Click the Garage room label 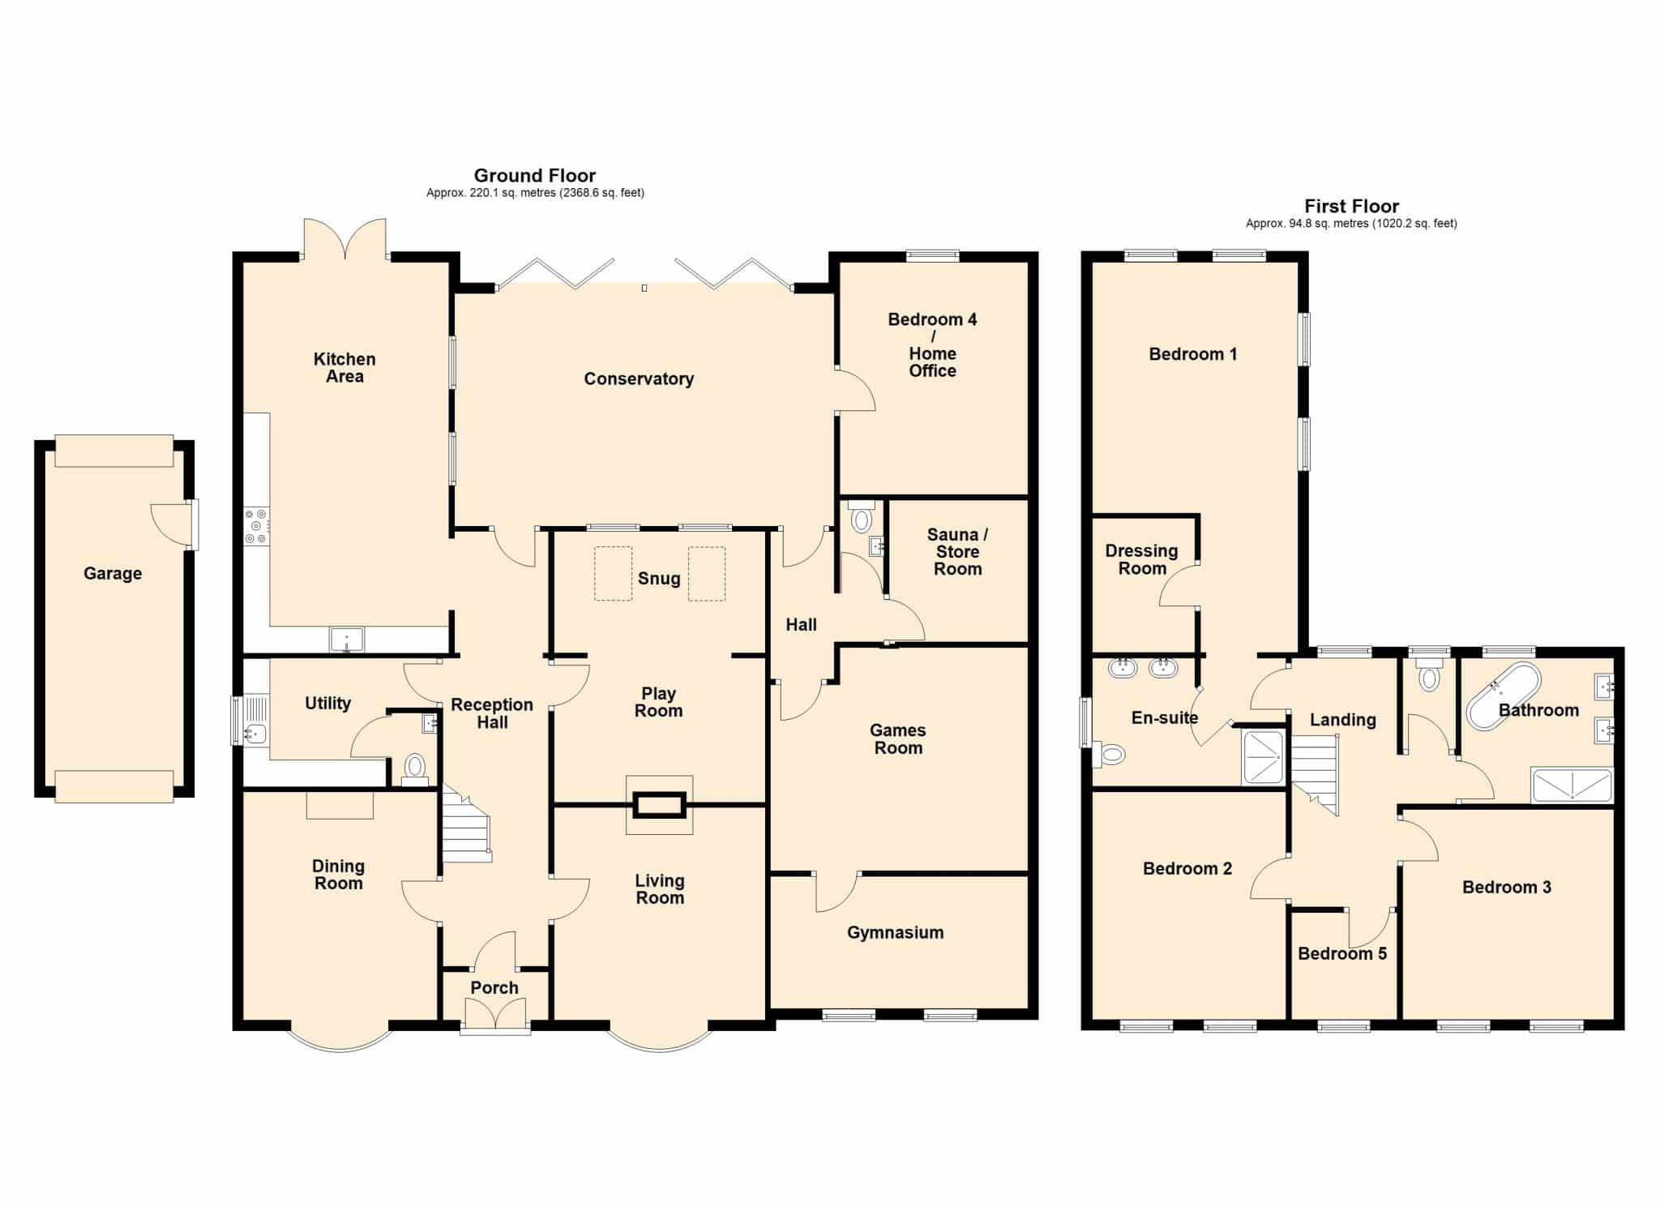[113, 573]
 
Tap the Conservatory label [639, 379]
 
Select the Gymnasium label [895, 932]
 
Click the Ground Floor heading [535, 175]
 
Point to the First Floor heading [1351, 206]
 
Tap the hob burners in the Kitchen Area [257, 525]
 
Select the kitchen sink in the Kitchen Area [347, 639]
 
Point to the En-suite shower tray [1263, 758]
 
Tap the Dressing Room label [1141, 559]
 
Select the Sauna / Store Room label [957, 551]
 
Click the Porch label [494, 987]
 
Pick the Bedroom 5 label [1342, 953]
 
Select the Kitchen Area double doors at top [344, 238]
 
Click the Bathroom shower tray [1572, 785]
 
